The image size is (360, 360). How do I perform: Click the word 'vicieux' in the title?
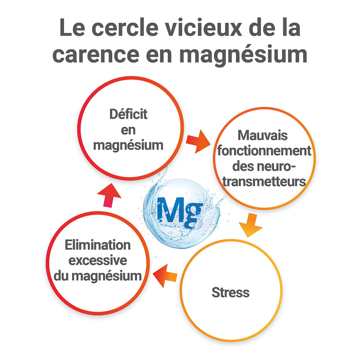point(204,27)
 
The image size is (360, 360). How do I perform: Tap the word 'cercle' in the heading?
point(125,27)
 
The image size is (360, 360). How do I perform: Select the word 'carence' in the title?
point(96,54)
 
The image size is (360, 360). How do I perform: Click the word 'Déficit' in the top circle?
point(129,114)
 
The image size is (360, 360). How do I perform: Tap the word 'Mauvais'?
point(262,135)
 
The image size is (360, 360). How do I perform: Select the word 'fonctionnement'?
point(264,150)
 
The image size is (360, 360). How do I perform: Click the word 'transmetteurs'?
point(264,181)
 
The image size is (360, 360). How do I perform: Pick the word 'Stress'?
point(230,292)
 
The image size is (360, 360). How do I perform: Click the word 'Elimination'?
point(98,245)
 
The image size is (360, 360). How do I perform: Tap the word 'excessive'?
point(98,260)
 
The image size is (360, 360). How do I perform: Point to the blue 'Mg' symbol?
point(180,212)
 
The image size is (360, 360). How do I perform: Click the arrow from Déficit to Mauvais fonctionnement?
point(198,141)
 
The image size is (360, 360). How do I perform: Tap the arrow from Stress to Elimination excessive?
point(165,276)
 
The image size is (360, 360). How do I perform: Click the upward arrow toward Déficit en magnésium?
point(109,195)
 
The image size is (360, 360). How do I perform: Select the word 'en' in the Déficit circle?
point(128,130)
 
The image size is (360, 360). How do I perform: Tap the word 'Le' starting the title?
point(72,27)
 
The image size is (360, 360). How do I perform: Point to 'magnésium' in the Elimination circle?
point(107,276)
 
